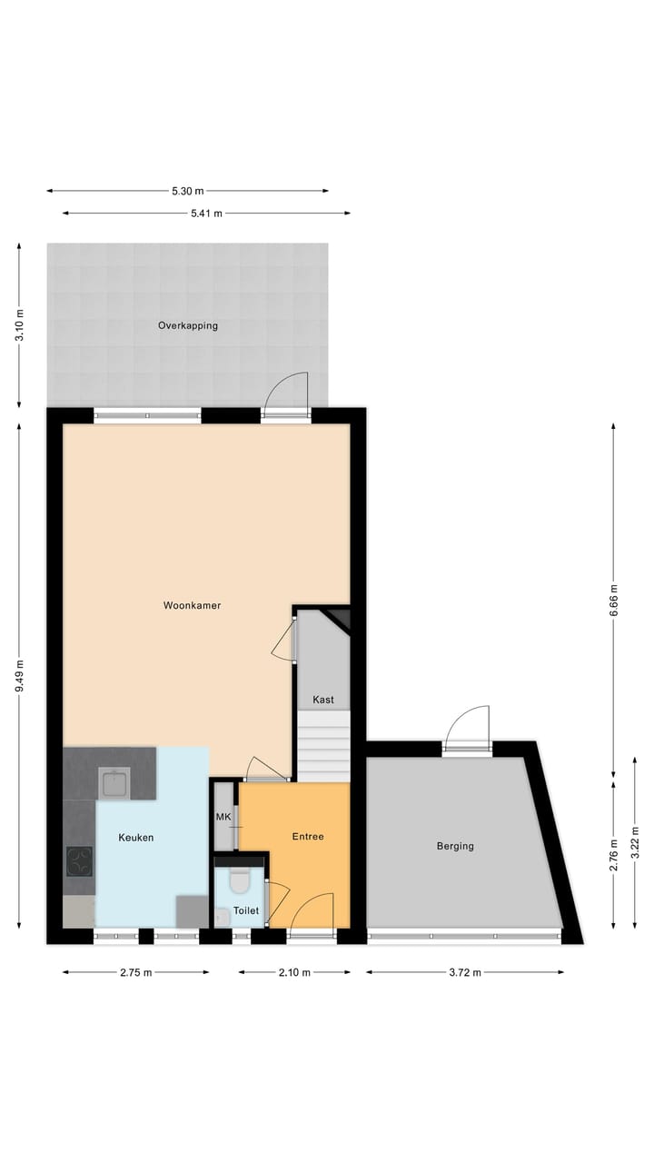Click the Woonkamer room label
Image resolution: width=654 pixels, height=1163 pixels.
[x=193, y=605]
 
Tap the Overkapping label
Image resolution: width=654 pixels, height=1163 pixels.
[x=188, y=325]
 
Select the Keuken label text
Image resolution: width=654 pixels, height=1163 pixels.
[x=136, y=838]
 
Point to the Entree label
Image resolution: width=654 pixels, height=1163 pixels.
[x=308, y=837]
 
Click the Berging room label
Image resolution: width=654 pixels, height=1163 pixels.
[x=455, y=846]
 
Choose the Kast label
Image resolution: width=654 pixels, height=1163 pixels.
[x=323, y=700]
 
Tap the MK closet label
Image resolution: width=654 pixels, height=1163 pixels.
[x=223, y=817]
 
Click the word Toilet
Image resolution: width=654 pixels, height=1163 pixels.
[x=246, y=910]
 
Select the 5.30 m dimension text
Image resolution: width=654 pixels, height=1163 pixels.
[x=188, y=191]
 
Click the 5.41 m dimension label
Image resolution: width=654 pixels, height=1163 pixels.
[x=205, y=214]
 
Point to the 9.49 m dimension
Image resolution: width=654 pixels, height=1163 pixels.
[x=20, y=676]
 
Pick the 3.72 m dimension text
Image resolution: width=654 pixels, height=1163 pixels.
[x=464, y=972]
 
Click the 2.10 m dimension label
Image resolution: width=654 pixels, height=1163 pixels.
[x=294, y=972]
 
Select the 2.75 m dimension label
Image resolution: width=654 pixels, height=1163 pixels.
[x=135, y=972]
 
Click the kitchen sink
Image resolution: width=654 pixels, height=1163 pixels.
[x=114, y=782]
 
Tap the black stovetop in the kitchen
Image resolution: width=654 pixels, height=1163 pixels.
[x=79, y=860]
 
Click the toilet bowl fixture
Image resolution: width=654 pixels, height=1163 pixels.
[x=240, y=880]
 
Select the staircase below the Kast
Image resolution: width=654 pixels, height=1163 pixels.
[x=324, y=745]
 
